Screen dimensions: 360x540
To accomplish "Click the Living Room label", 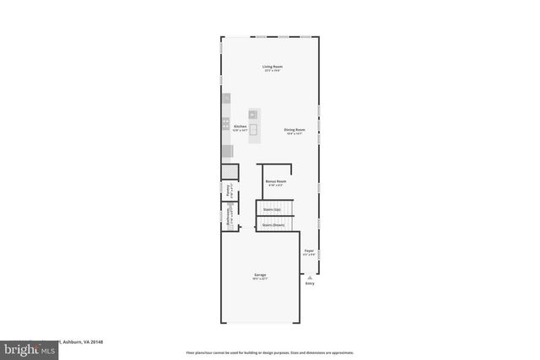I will (x=272, y=66).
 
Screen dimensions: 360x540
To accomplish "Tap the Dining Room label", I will (x=294, y=129).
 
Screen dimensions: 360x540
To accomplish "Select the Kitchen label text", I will (x=240, y=126).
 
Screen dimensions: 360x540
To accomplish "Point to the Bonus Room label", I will (x=276, y=180).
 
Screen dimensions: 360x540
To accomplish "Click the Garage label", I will (x=261, y=275).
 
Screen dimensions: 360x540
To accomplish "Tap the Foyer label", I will (x=309, y=250).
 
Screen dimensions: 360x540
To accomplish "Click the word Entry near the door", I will (x=310, y=283).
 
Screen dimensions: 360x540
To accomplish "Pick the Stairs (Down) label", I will (x=273, y=225).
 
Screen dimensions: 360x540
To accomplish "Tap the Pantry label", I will (x=228, y=191).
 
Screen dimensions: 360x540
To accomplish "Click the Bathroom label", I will (x=228, y=217).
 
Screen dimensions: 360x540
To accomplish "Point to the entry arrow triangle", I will (x=310, y=276).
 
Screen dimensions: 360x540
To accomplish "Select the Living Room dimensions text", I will (x=272, y=71).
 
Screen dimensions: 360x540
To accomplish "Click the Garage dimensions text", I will (x=261, y=280).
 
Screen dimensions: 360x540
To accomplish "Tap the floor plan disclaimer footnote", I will (x=269, y=352).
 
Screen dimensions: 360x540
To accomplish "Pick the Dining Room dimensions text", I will (x=294, y=134).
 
